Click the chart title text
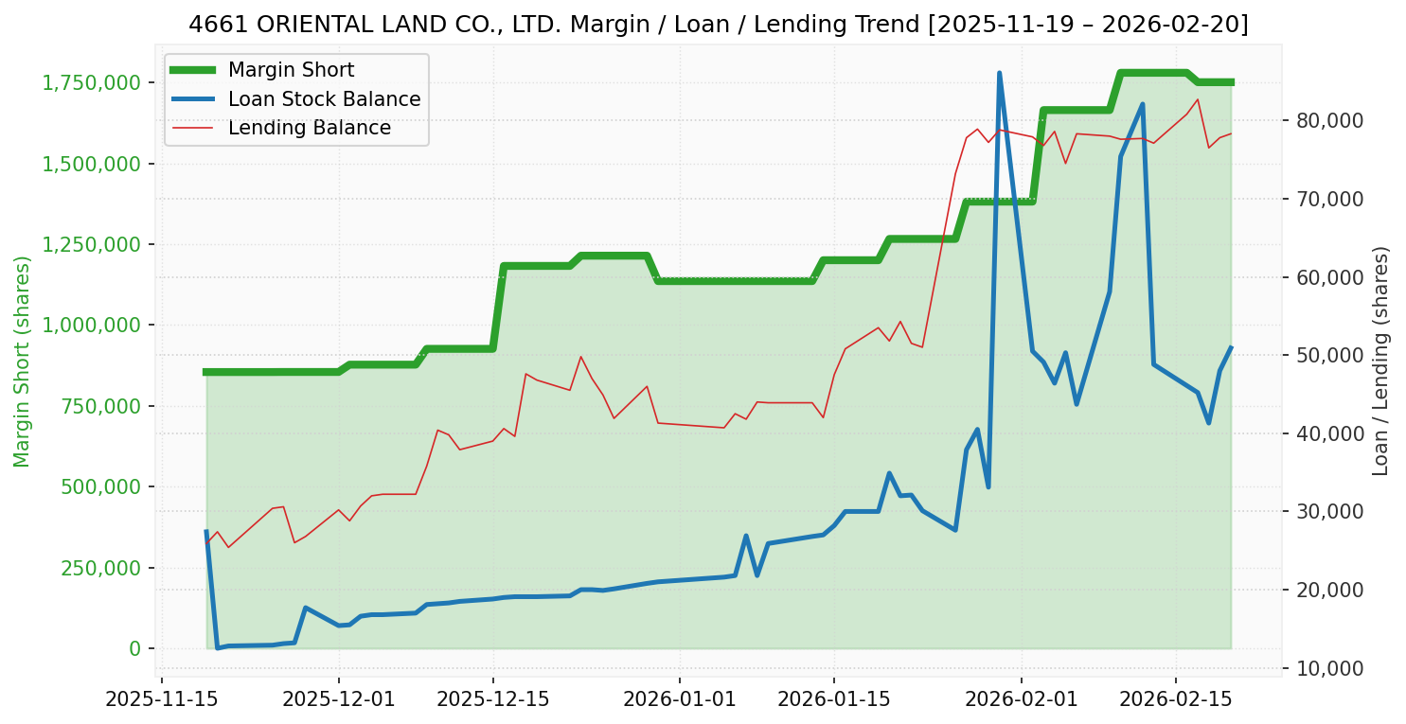point(718,25)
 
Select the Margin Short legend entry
point(291,70)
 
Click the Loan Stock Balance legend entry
point(324,99)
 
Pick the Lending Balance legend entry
point(309,128)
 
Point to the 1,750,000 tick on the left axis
point(91,82)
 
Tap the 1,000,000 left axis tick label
point(91,325)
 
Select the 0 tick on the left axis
point(134,648)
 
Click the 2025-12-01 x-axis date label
point(339,701)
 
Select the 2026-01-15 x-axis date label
point(833,701)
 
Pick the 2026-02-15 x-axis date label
point(1175,701)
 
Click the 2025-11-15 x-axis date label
point(161,701)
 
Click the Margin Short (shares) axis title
point(23,362)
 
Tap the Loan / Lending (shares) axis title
point(1381,362)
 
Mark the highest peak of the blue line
point(999,73)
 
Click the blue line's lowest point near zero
point(218,647)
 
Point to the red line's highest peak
point(1198,99)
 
